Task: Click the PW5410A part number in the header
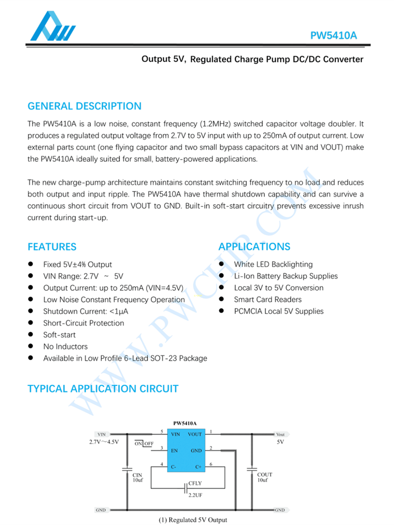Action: point(334,36)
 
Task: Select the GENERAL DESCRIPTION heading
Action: point(84,106)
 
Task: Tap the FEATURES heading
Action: point(51,247)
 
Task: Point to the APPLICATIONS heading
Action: point(254,247)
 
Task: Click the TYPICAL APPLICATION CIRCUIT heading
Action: point(102,389)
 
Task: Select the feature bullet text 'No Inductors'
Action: point(65,346)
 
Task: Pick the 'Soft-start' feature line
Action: point(59,335)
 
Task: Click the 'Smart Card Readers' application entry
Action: point(268,300)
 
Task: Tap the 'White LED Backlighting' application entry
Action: point(273,265)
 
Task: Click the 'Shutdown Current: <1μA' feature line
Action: point(86,311)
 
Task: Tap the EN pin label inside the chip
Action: point(174,450)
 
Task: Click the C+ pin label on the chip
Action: point(198,467)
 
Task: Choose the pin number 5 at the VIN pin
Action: point(162,432)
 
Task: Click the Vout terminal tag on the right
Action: point(280,435)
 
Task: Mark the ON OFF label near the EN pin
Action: point(143,444)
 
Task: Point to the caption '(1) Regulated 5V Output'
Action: point(193,520)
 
